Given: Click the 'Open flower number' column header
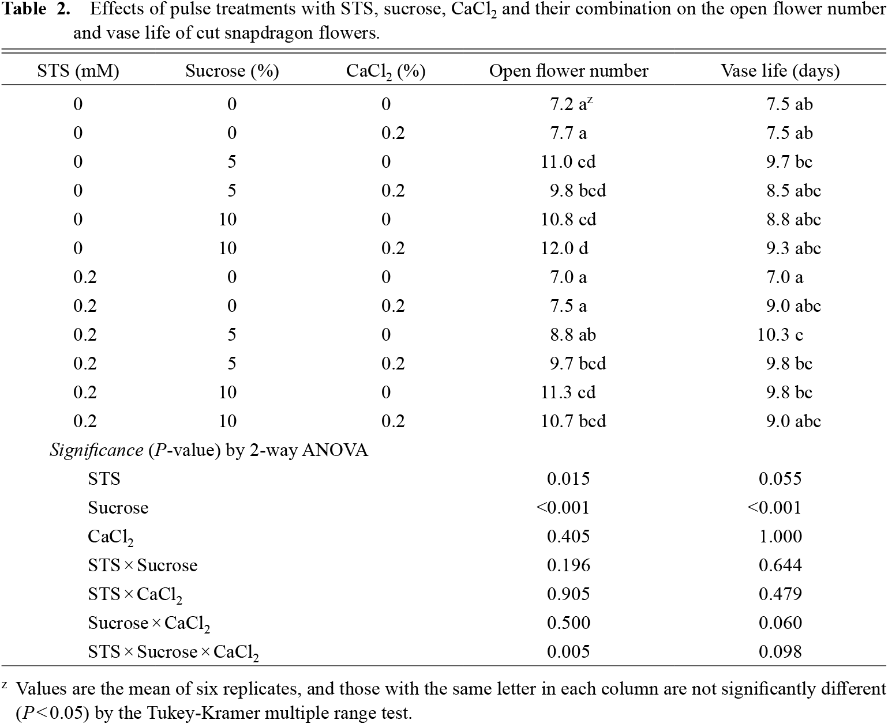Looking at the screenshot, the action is tap(568, 71).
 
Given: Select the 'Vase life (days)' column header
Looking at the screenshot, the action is tap(780, 71).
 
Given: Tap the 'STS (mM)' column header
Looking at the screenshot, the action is tap(78, 71).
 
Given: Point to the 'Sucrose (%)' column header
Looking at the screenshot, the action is tap(232, 71).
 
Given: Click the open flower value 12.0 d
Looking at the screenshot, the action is tap(564, 248).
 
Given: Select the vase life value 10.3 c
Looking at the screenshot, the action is tap(780, 335).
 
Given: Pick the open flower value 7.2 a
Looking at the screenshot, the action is tap(571, 104).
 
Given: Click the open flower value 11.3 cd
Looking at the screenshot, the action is tap(568, 393).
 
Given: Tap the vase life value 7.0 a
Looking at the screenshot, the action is tap(784, 277).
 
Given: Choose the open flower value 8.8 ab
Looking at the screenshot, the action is tap(572, 335).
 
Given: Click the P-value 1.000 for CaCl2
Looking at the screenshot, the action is tap(780, 537).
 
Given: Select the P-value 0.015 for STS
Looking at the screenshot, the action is tap(568, 479).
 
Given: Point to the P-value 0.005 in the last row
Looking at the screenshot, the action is tap(568, 651).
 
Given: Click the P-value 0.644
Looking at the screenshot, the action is tap(780, 565).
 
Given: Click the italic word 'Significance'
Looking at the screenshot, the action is tap(96, 450).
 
